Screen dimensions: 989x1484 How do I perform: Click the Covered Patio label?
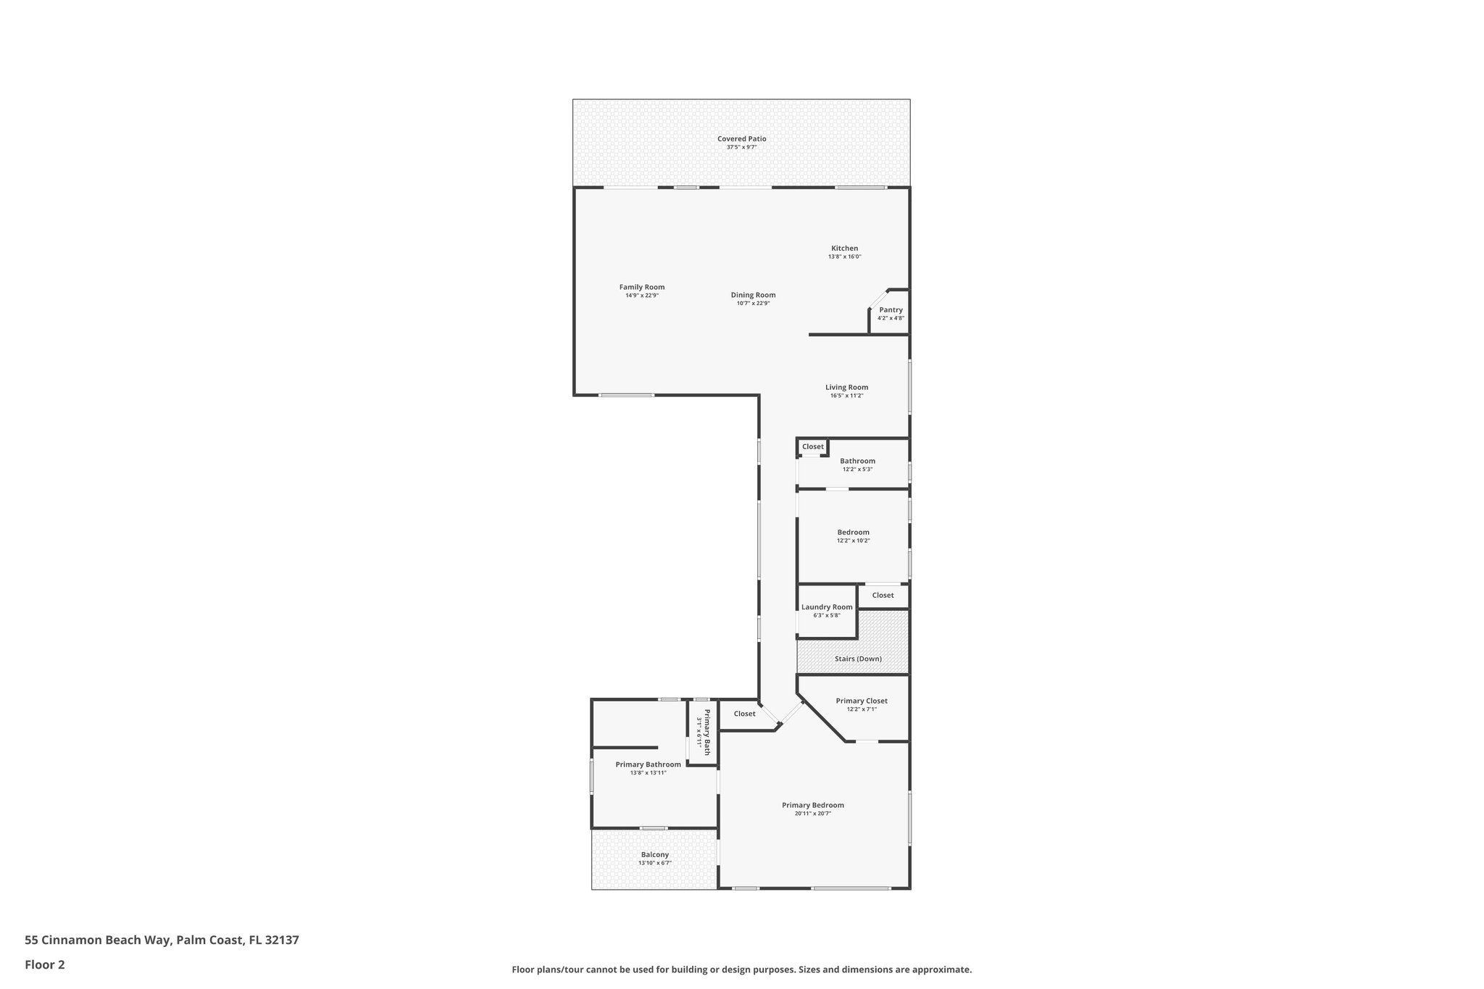[741, 139]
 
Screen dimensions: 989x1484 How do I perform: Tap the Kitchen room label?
[844, 249]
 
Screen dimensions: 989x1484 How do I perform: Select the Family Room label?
[641, 288]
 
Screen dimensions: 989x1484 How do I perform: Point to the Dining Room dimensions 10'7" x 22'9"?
[753, 304]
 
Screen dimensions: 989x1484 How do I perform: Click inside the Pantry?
[891, 314]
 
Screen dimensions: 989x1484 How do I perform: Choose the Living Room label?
[846, 388]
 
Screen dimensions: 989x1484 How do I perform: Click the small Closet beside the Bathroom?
[812, 447]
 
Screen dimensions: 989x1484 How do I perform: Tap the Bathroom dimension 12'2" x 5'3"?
[857, 470]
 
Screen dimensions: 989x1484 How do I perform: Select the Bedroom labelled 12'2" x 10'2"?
[853, 536]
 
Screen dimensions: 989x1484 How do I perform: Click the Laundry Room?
[827, 611]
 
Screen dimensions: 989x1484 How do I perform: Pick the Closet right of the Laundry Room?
[883, 596]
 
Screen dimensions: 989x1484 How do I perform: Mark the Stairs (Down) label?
[858, 659]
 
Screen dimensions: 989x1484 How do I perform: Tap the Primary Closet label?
[861, 701]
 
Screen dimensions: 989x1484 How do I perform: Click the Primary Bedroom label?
[812, 805]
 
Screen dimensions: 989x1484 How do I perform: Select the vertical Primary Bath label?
[703, 732]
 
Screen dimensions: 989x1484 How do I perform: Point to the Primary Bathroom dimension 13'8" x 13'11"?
[648, 773]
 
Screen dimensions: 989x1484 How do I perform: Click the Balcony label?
[654, 855]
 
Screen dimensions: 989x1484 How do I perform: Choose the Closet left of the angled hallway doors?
[744, 714]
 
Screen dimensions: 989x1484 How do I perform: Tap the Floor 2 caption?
[45, 964]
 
